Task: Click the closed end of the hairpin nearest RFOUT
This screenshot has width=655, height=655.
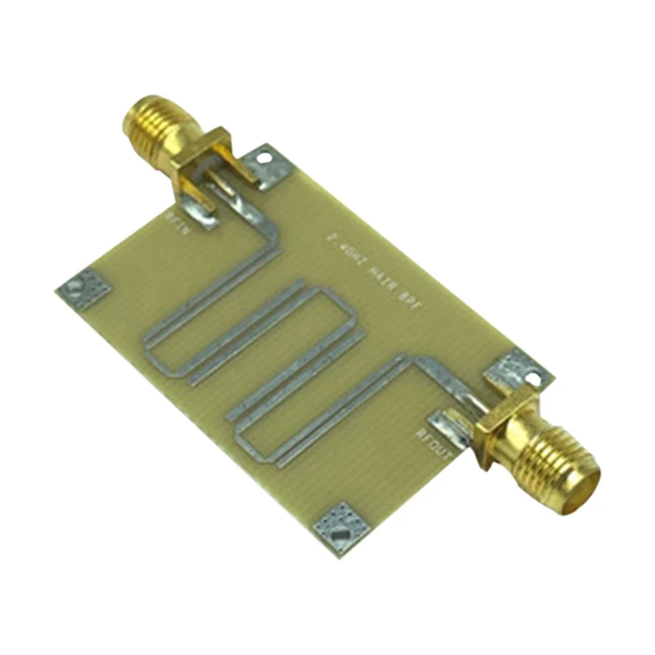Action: click(x=242, y=434)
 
